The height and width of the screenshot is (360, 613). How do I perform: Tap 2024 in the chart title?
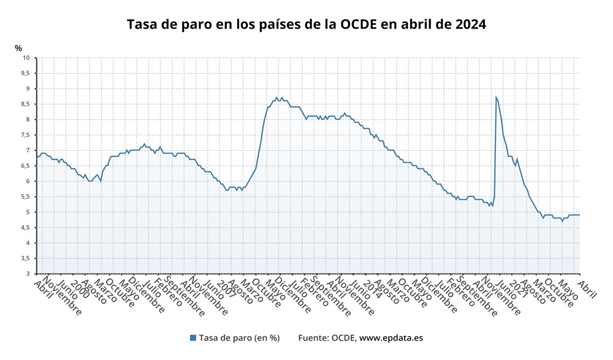coord(469,25)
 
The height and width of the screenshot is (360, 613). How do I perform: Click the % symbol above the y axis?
coord(18,49)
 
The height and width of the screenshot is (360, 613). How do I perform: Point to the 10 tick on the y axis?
coord(26,58)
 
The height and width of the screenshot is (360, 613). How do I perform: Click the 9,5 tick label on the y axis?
coord(25,73)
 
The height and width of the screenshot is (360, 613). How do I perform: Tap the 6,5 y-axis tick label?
coord(25,166)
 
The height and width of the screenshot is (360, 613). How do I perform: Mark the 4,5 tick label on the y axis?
coord(25,228)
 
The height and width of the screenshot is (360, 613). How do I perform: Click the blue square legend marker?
coord(193,338)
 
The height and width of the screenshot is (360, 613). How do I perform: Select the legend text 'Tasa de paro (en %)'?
coord(239,338)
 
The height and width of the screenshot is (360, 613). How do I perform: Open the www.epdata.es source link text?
coord(391,338)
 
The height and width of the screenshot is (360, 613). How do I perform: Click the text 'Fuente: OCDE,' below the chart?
coord(327,338)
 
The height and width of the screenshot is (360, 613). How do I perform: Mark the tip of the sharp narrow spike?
coord(496,97)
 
